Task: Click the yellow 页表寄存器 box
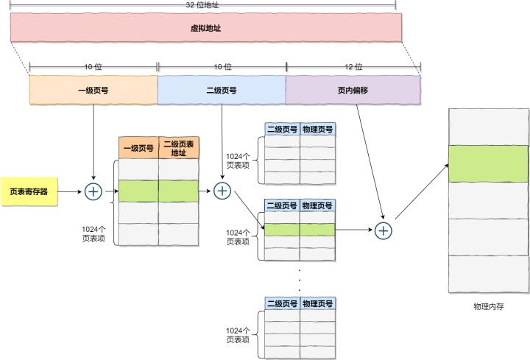pyautogui.click(x=29, y=191)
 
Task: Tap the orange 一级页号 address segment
pyautogui.click(x=93, y=91)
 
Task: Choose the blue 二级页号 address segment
pyautogui.click(x=222, y=91)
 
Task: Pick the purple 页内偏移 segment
pyautogui.click(x=353, y=91)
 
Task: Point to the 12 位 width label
pyautogui.click(x=353, y=66)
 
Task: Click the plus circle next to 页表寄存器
pyautogui.click(x=93, y=191)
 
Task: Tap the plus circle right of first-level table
pyautogui.click(x=222, y=191)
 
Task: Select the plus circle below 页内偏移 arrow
pyautogui.click(x=383, y=230)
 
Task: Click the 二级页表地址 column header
pyautogui.click(x=179, y=148)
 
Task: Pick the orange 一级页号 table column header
pyautogui.click(x=138, y=148)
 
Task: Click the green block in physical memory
pyautogui.click(x=489, y=163)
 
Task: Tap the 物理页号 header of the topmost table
pyautogui.click(x=318, y=129)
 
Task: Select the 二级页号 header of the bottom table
pyautogui.click(x=282, y=303)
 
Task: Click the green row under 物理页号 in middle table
pyautogui.click(x=318, y=230)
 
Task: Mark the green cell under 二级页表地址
pyautogui.click(x=179, y=191)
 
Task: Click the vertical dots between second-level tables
pyautogui.click(x=300, y=278)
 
